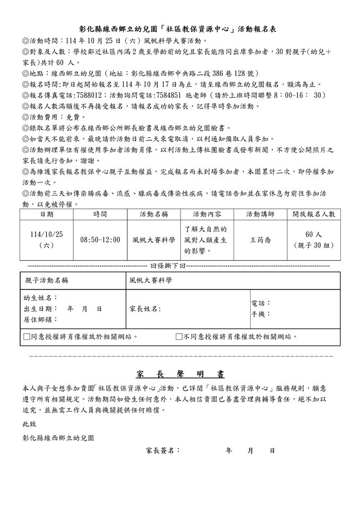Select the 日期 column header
click(x=47, y=214)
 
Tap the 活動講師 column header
click(x=260, y=214)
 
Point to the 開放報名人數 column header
click(x=314, y=214)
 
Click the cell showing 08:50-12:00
click(x=100, y=240)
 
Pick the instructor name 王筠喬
click(x=260, y=240)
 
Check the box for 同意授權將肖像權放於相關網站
click(x=27, y=336)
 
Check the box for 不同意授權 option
click(x=179, y=336)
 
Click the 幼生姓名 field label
click(x=41, y=297)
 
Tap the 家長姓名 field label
click(x=145, y=309)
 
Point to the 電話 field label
click(x=261, y=303)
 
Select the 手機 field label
click(x=261, y=314)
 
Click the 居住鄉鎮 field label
click(x=41, y=320)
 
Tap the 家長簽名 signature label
click(x=162, y=450)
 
